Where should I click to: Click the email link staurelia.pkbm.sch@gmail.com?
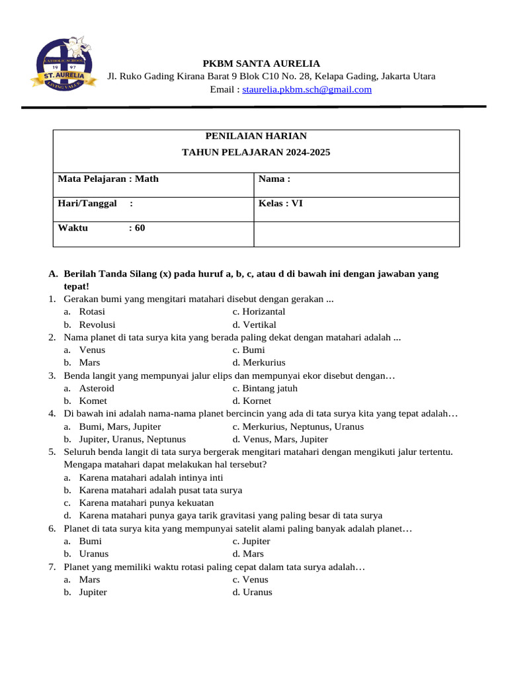(307, 89)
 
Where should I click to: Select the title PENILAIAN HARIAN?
(256, 136)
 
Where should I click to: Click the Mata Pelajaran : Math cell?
(108, 179)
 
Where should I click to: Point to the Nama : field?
(275, 179)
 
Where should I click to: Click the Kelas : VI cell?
(280, 204)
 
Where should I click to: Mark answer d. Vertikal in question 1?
(255, 325)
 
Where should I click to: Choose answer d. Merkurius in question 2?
(259, 363)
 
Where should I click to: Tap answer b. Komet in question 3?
(93, 401)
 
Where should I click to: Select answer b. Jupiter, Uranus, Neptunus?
(132, 439)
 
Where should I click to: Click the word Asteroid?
(97, 388)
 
